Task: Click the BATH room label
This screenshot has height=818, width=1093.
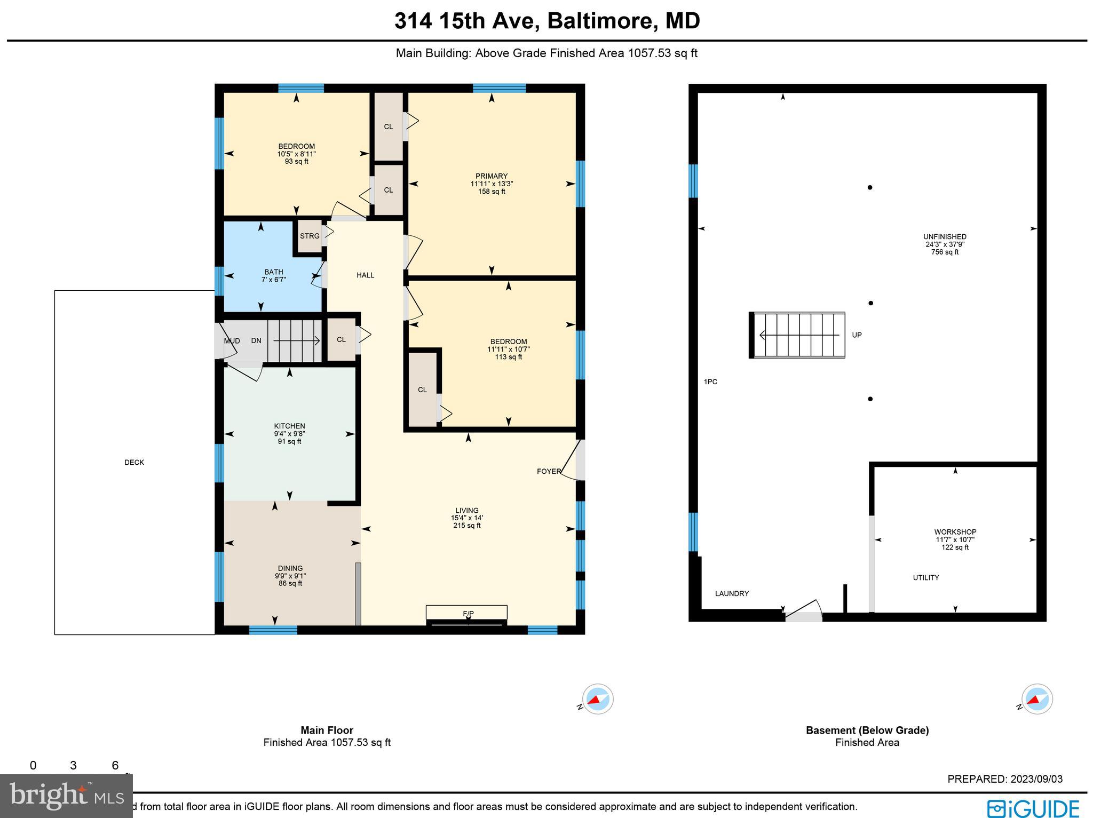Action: coord(274,272)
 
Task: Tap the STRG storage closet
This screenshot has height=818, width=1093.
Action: coord(310,236)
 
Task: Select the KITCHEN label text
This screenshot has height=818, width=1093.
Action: coord(289,426)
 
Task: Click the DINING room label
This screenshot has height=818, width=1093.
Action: coord(290,568)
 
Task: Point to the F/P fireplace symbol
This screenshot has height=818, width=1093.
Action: coord(468,614)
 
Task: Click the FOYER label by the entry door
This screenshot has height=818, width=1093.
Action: coord(549,471)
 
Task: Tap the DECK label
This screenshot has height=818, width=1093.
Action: coord(134,463)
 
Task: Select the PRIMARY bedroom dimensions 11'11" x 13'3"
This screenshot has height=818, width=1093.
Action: coord(492,184)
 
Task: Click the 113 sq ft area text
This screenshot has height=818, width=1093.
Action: coord(508,357)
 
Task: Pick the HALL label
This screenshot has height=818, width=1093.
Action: coord(366,275)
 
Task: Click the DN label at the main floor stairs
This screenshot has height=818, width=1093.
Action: coord(256,340)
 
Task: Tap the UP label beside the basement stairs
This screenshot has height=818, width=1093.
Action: coord(857,335)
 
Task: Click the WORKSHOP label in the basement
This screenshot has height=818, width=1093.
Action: coord(955,532)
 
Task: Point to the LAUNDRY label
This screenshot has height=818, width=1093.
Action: coord(732,593)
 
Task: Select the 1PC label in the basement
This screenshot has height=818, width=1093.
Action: coord(710,382)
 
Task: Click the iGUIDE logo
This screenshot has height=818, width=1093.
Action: coord(1033,808)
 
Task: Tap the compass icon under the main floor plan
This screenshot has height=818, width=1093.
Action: coord(597,699)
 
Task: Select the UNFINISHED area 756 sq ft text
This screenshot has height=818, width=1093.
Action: coord(945,252)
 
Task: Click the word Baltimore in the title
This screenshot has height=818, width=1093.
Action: coord(600,21)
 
